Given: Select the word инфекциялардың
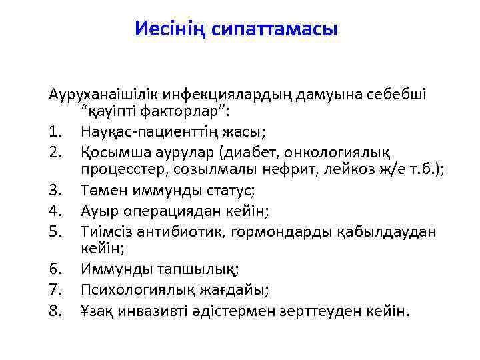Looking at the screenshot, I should (221, 94).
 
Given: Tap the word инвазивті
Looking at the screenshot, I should (170, 310).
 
